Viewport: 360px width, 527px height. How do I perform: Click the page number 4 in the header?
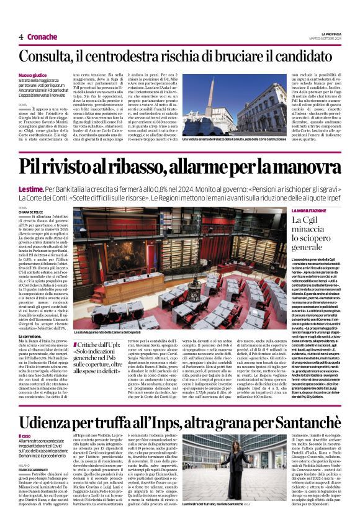tap(21, 37)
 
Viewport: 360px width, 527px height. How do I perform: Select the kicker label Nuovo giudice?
tap(32, 76)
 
